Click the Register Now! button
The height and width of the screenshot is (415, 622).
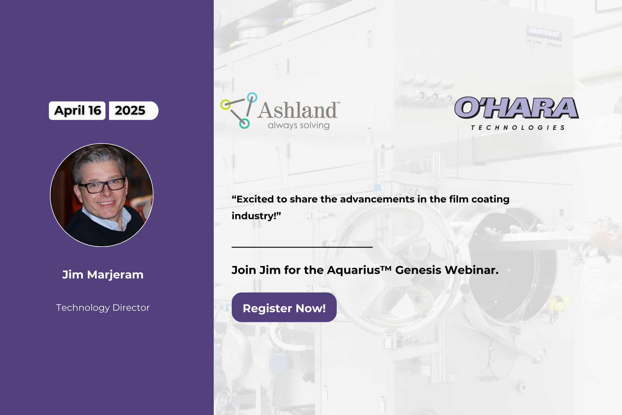click(x=284, y=307)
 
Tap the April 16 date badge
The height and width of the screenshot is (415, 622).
click(x=77, y=111)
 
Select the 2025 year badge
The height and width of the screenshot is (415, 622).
click(x=133, y=111)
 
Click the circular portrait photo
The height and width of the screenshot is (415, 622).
click(x=102, y=195)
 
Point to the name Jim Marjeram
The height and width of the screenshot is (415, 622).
click(x=103, y=275)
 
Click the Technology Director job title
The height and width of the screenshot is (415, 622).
click(x=103, y=308)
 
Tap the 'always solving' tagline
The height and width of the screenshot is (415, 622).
click(x=299, y=125)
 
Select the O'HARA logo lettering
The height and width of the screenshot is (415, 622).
click(x=516, y=108)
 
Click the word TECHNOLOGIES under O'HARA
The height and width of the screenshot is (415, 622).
click(x=518, y=128)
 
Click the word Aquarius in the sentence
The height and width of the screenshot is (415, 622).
click(x=354, y=270)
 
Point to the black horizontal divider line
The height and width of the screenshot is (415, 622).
click(x=302, y=247)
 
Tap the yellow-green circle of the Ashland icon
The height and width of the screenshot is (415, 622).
click(x=225, y=105)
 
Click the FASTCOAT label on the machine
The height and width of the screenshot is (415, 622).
click(x=544, y=33)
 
